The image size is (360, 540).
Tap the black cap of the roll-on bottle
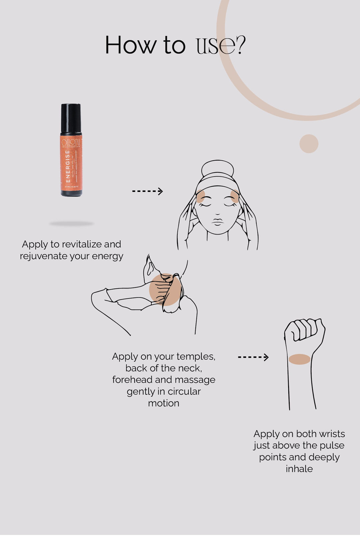tap(71, 118)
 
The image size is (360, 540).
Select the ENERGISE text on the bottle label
tap(68, 166)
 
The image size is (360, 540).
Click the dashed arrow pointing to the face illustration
tap(147, 191)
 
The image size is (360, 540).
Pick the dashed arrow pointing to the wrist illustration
tap(253, 357)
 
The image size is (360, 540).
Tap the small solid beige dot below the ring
tap(309, 144)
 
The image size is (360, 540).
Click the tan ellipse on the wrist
tap(299, 359)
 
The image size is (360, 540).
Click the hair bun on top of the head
tap(217, 169)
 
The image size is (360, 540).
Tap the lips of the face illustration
tap(217, 222)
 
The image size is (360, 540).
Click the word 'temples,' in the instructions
tap(196, 356)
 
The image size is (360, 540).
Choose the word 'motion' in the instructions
tap(164, 403)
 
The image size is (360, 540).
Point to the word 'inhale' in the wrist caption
tap(299, 469)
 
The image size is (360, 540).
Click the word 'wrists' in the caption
tap(332, 434)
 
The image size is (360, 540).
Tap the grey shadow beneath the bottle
tap(72, 224)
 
